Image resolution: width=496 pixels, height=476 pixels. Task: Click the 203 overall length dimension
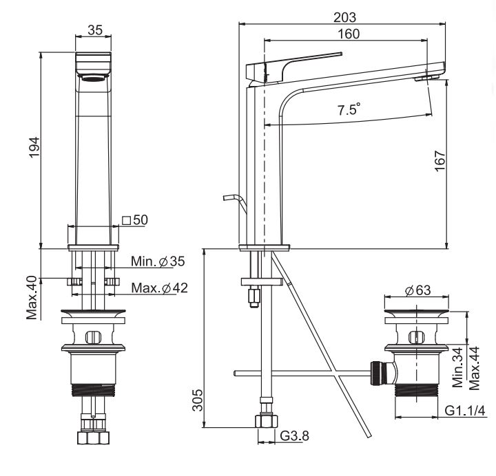[345, 17]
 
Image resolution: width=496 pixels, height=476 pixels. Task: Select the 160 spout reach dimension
[349, 34]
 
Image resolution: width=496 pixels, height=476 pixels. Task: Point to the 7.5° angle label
[349, 109]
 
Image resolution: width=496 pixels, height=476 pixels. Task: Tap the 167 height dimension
[440, 161]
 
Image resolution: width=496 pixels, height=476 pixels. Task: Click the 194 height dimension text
[34, 147]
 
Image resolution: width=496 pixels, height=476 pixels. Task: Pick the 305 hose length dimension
[198, 400]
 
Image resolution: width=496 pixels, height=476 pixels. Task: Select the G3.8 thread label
[295, 436]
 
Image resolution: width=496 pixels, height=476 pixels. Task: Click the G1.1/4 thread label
[465, 411]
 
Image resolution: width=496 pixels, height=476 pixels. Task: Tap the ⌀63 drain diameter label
[417, 290]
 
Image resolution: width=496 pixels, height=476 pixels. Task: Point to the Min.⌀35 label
[158, 261]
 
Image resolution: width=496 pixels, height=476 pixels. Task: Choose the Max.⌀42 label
[159, 288]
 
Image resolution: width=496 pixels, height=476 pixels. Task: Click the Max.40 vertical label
[32, 298]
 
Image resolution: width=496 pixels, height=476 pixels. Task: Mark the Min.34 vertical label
[457, 367]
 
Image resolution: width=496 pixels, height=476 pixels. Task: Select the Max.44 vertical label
[474, 368]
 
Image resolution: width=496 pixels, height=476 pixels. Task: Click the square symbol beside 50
[127, 220]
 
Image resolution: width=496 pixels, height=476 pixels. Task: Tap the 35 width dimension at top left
[95, 30]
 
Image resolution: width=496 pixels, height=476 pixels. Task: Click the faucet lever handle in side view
[294, 67]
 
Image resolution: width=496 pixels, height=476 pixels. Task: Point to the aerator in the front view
[93, 78]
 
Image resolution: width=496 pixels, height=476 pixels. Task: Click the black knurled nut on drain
[375, 373]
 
